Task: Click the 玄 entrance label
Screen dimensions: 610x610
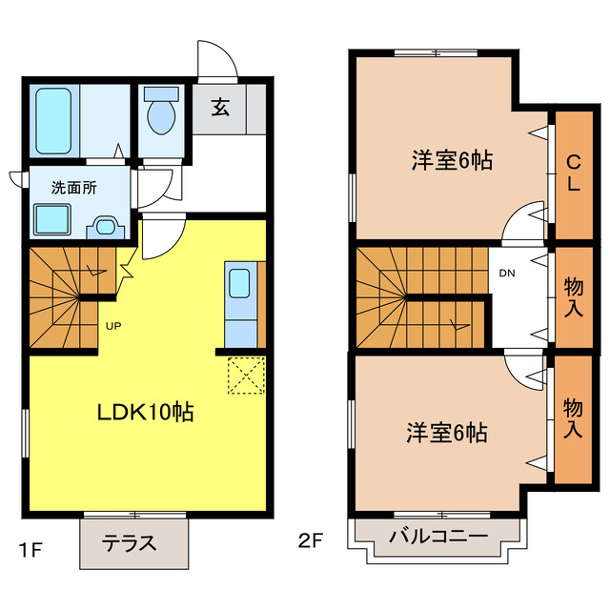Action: [219, 108]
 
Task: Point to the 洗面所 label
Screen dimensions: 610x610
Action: [73, 188]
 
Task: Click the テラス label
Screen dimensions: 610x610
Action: [130, 545]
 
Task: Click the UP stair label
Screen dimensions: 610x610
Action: [112, 325]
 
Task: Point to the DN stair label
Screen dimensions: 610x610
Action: [507, 274]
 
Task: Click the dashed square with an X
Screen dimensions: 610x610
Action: [246, 374]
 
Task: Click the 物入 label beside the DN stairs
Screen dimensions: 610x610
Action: [573, 298]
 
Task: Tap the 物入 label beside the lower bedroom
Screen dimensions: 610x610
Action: [573, 418]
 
